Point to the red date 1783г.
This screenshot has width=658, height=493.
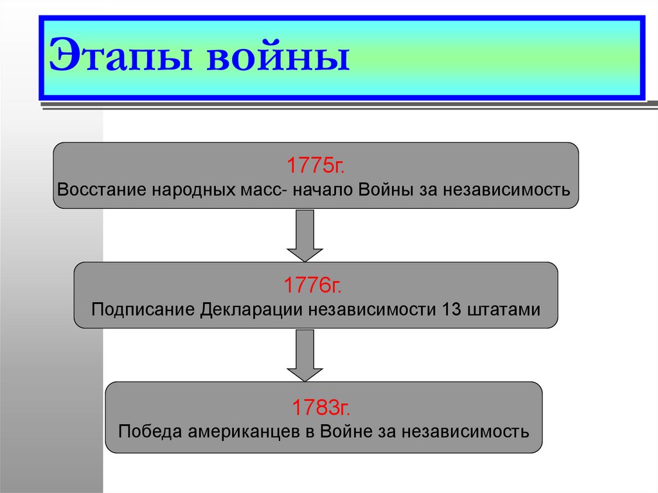[323, 406]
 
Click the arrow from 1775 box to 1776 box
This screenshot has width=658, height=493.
[304, 235]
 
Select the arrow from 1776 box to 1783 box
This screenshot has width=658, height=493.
[304, 355]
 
